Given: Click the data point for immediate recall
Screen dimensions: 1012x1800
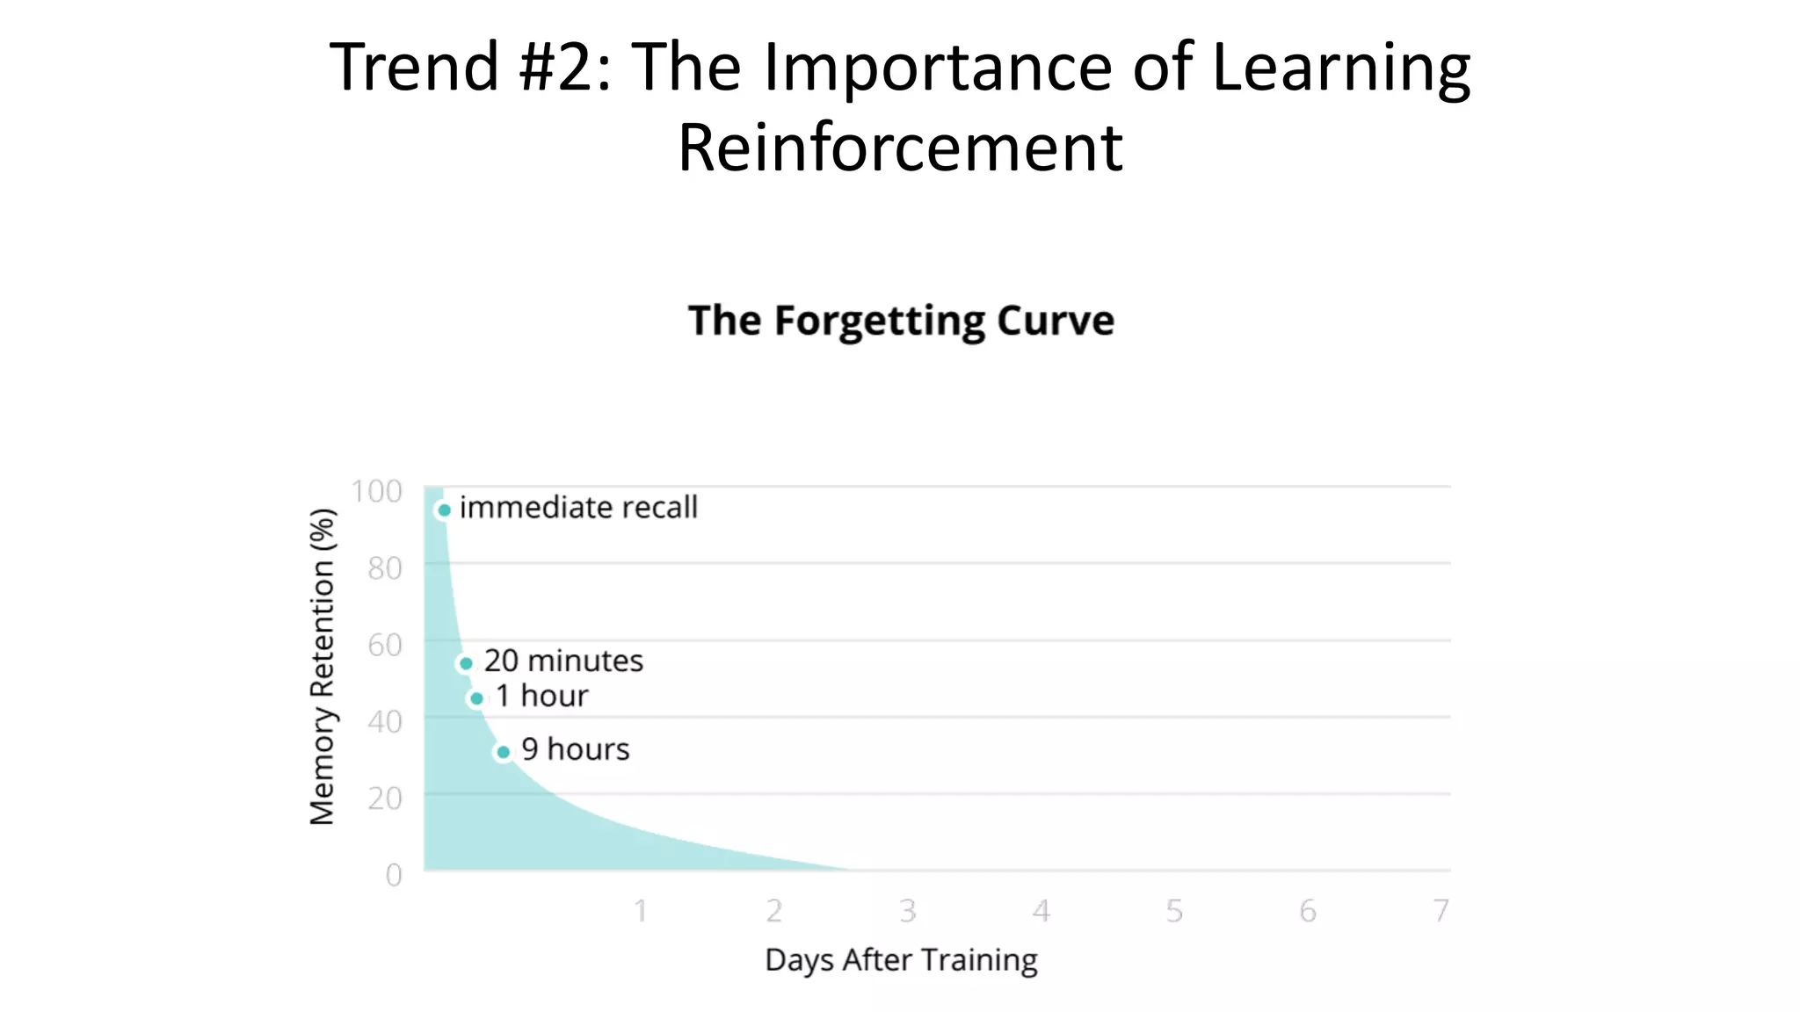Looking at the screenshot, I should tap(444, 510).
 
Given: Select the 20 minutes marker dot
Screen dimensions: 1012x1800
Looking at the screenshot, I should tap(466, 663).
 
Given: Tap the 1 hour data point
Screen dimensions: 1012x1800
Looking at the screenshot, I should tap(476, 698).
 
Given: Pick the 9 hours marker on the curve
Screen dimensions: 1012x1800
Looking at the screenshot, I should tap(503, 752).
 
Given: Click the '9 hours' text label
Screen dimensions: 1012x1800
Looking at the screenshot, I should tap(576, 749).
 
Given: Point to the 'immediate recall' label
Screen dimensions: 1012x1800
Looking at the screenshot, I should tap(578, 508).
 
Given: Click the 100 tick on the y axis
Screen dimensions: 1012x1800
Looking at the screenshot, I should tap(376, 491).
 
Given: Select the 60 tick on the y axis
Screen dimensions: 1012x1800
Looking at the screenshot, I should tap(385, 645).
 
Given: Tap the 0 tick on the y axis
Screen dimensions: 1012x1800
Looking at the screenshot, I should tap(394, 875).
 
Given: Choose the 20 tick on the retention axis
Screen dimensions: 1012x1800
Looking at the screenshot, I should tap(385, 799).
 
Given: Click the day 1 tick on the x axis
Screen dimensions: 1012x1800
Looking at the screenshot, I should tap(641, 911).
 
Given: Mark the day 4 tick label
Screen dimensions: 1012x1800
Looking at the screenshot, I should tap(1042, 911).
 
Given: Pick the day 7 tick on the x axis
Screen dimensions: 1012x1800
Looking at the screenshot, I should tap(1441, 911).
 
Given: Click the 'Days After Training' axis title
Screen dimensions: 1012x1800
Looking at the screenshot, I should tap(901, 960).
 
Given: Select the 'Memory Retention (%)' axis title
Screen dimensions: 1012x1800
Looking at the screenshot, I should tap(323, 667).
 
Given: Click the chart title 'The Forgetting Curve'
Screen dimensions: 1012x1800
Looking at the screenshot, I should tap(901, 321).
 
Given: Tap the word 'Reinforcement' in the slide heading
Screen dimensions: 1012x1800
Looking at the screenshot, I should tap(900, 147).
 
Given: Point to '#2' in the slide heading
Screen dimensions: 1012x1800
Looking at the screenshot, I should tap(556, 67).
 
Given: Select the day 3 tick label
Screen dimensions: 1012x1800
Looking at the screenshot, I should tap(908, 911).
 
